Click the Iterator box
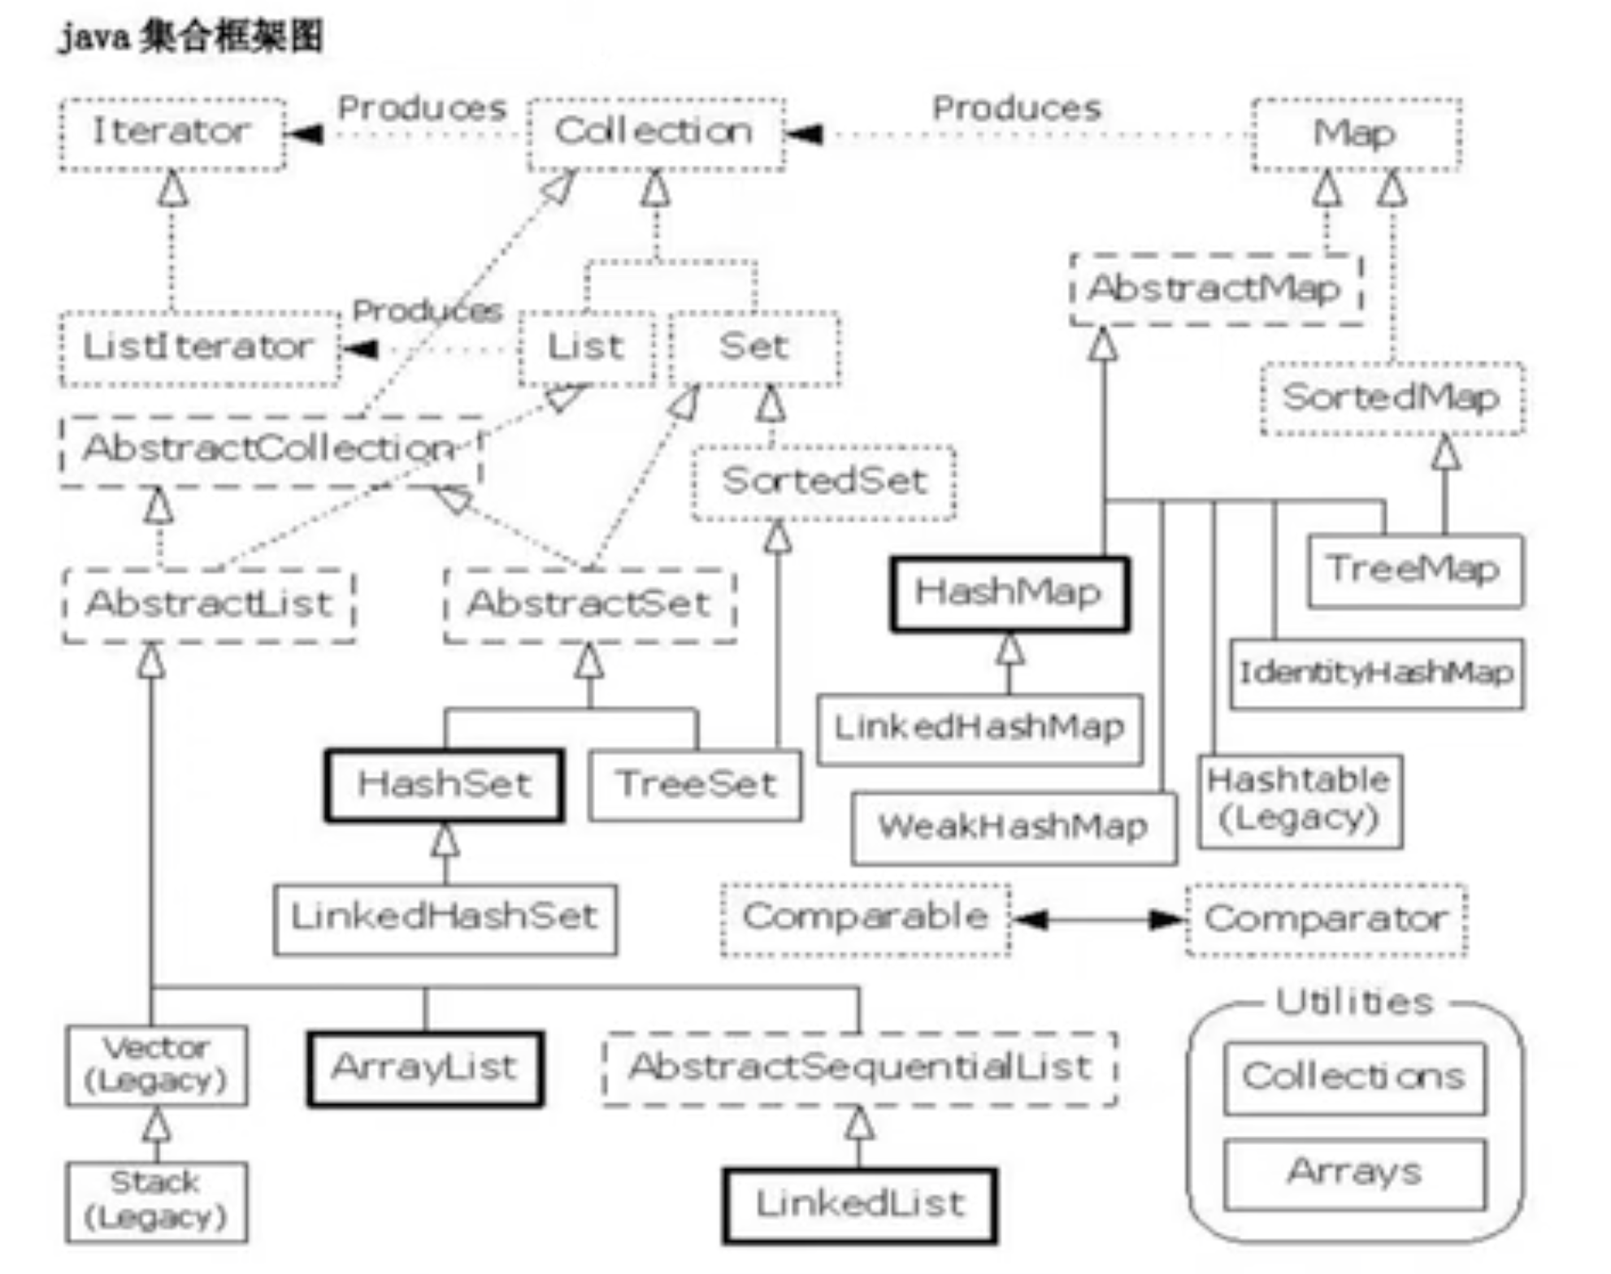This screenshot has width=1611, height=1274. click(172, 133)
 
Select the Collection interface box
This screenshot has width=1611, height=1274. click(655, 133)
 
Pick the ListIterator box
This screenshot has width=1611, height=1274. click(199, 348)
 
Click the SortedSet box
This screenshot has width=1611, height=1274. click(823, 482)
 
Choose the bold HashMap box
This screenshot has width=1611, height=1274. click(1009, 593)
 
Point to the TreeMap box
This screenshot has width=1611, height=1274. click(1414, 570)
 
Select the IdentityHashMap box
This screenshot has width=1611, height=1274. click(1376, 674)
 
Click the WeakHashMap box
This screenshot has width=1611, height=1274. click(1013, 828)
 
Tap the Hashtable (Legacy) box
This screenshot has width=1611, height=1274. click(1299, 801)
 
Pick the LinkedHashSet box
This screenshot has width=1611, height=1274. click(445, 918)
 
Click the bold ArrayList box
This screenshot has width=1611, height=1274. click(424, 1068)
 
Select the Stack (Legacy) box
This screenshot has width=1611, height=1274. click(156, 1201)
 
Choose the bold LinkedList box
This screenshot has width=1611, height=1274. click(859, 1205)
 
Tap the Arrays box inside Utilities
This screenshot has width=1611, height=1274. click(1354, 1173)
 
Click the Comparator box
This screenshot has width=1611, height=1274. click(1326, 920)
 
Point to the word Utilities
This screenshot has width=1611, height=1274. click(1354, 1003)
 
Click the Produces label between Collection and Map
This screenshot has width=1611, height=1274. click(1016, 109)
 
